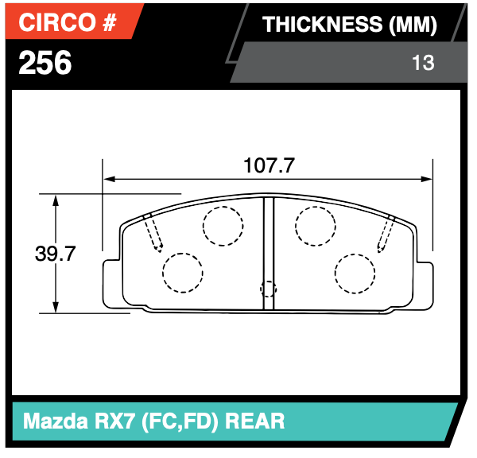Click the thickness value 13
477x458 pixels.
click(x=423, y=62)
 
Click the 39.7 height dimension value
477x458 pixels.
click(x=55, y=254)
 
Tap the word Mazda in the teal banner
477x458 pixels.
click(x=53, y=420)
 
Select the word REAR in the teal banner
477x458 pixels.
click(x=256, y=420)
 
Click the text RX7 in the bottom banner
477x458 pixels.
click(x=116, y=420)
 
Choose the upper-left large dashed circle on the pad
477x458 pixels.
click(x=223, y=226)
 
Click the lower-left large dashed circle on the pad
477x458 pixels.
click(x=183, y=273)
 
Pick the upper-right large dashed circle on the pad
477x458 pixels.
click(x=316, y=226)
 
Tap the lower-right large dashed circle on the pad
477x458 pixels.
click(x=355, y=273)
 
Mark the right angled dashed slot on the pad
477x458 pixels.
click(x=386, y=232)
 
